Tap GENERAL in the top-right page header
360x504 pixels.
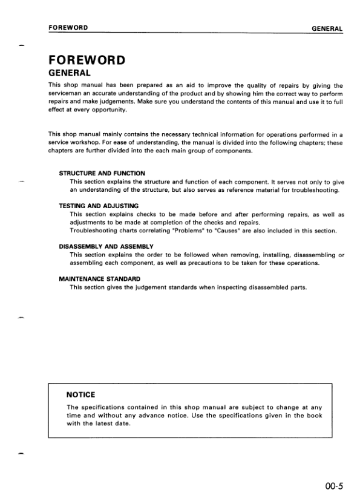327,28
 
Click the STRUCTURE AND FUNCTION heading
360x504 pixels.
102,174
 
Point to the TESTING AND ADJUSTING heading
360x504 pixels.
99,206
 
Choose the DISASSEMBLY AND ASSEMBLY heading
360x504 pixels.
106,247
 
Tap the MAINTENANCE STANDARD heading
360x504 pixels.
99,279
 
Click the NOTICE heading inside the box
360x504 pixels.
80,394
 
